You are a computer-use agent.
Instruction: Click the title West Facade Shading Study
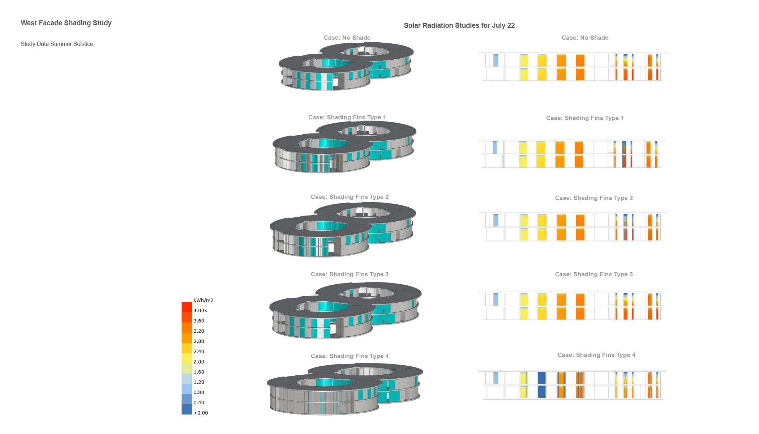66,23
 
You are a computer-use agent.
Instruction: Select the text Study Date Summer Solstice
57,44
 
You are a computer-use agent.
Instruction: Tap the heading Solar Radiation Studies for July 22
459,26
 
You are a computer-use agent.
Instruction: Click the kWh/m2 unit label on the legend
203,300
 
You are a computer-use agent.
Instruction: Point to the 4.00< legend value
201,311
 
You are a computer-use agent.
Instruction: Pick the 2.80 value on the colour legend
199,341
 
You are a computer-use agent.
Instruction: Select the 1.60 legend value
199,372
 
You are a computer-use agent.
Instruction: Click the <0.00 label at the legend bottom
201,413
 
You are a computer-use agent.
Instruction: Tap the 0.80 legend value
199,392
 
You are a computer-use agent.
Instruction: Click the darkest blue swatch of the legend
186,409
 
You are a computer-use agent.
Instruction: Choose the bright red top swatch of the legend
186,307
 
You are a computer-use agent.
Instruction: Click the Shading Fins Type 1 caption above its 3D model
347,118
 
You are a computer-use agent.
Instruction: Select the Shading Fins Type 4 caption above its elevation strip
596,355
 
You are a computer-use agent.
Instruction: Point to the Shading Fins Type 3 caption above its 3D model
350,275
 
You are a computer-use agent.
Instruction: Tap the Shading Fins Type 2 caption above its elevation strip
594,198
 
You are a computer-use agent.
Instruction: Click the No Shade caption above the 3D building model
347,38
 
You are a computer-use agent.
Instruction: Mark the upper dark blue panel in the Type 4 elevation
541,378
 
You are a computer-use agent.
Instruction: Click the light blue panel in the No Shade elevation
496,60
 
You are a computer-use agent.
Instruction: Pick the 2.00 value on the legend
199,362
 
